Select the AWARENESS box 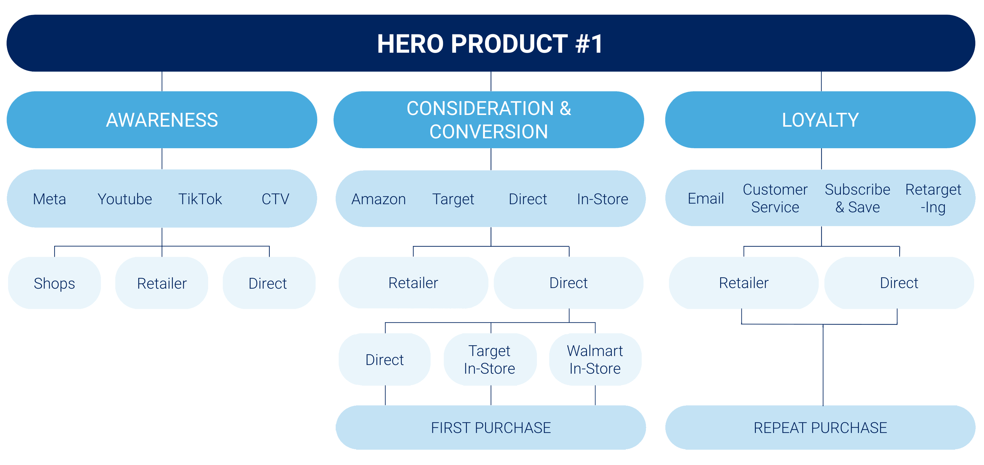tap(162, 119)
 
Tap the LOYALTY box tap(820, 119)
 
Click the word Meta tap(49, 199)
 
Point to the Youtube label tap(125, 199)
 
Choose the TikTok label tap(200, 199)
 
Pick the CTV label tap(275, 199)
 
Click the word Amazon tap(379, 199)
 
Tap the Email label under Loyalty tap(706, 198)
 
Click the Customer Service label tap(775, 198)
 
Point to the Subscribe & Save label tap(858, 198)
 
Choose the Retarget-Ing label tap(933, 198)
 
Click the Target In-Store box tap(490, 359)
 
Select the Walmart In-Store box tap(595, 359)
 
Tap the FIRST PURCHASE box tap(491, 428)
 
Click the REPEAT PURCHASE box tap(820, 428)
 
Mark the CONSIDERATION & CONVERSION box tap(489, 119)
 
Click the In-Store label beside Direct tap(602, 199)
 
